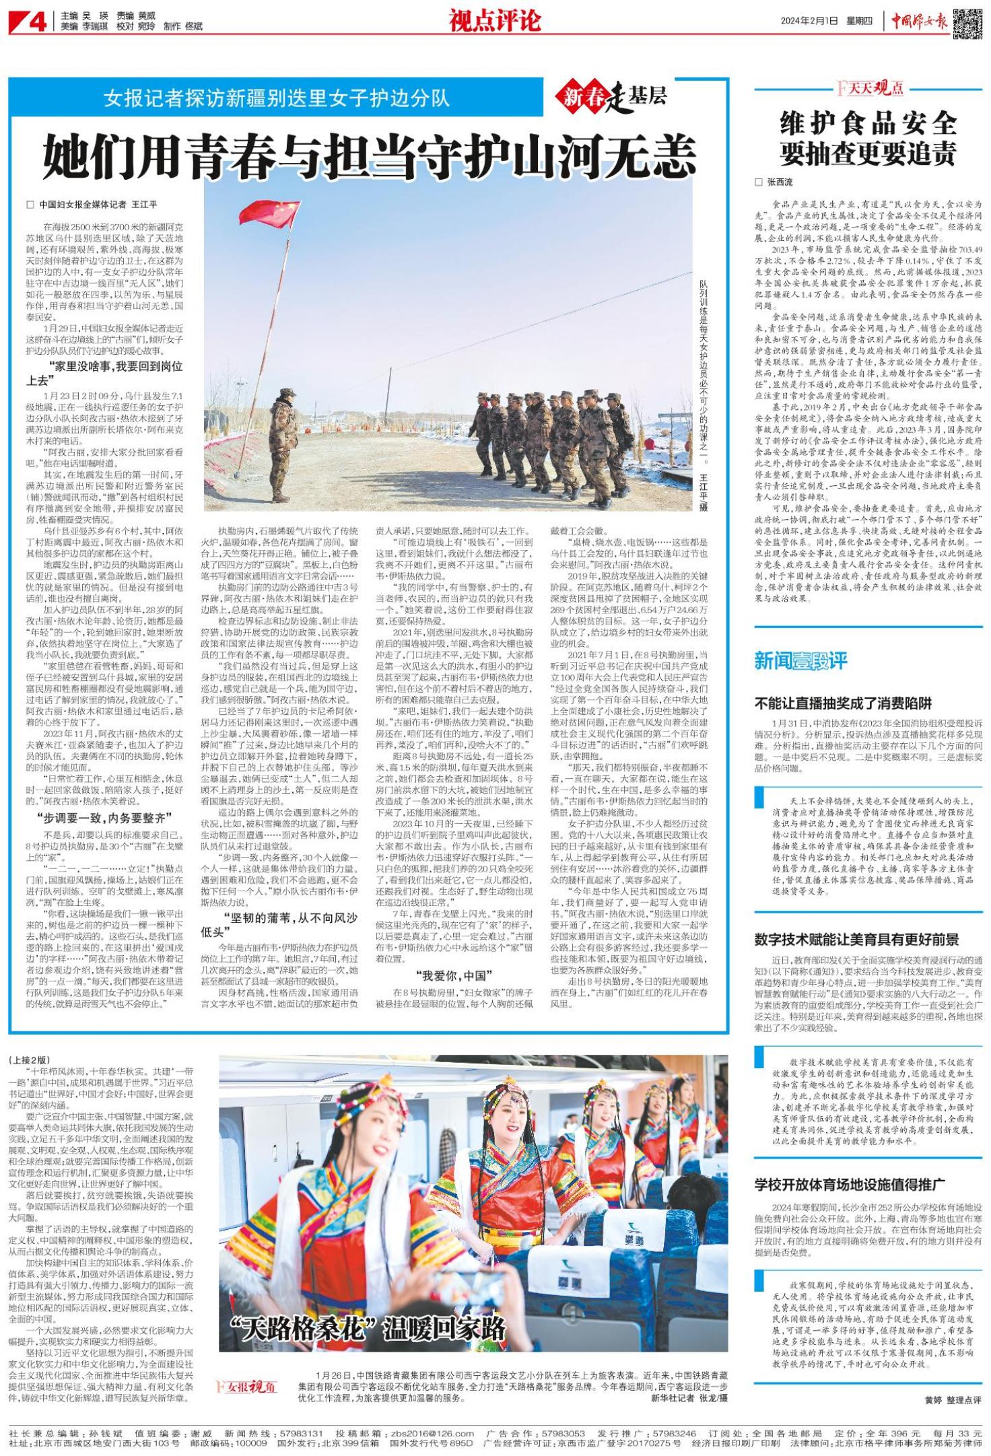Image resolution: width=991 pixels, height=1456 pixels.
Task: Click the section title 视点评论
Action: click(x=495, y=22)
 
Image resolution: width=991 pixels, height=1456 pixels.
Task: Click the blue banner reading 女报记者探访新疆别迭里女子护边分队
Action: click(x=276, y=100)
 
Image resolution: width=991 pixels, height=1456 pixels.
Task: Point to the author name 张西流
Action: click(x=779, y=182)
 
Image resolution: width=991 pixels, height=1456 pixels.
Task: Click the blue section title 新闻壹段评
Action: click(x=800, y=661)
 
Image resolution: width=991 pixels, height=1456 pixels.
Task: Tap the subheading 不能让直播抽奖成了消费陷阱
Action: click(x=843, y=703)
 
